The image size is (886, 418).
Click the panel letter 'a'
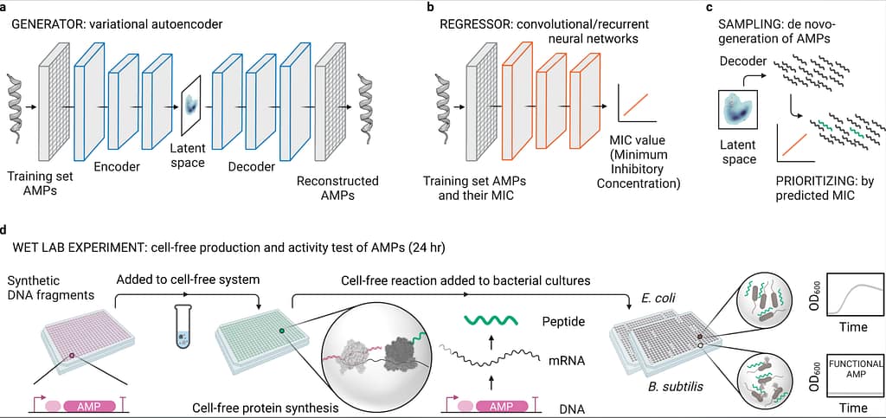click(5, 8)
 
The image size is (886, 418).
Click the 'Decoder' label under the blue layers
click(251, 167)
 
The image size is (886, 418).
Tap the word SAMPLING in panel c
click(748, 25)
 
